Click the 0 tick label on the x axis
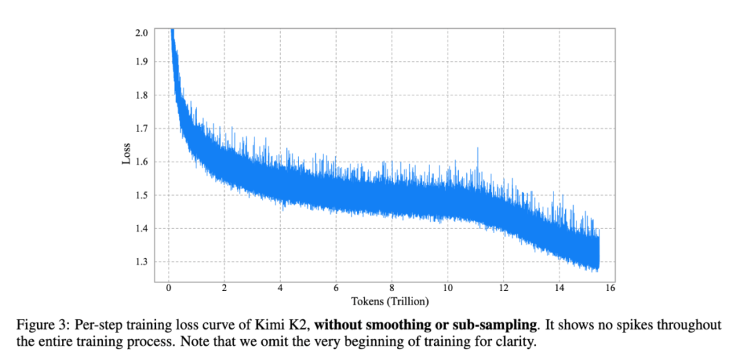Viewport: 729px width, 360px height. (x=168, y=288)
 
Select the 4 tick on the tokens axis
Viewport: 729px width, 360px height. (x=279, y=288)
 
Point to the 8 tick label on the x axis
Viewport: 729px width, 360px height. (x=391, y=288)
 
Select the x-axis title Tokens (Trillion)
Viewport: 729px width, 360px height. (x=389, y=301)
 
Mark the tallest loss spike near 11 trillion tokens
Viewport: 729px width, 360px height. (x=478, y=149)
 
